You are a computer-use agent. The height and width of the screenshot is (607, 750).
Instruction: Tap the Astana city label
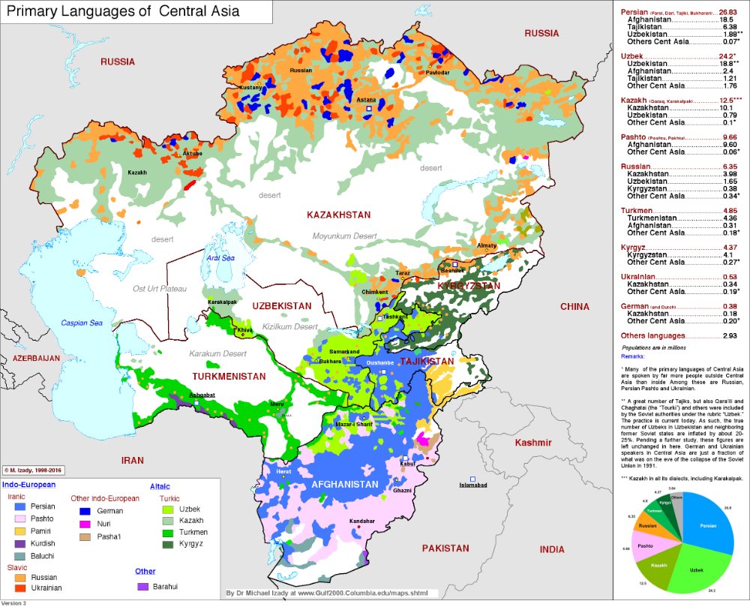(x=367, y=99)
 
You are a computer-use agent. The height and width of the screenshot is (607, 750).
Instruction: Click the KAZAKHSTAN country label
(x=338, y=215)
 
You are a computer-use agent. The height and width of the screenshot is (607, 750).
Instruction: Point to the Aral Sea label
(x=220, y=258)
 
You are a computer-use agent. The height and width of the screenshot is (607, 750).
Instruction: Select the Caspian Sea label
(x=82, y=323)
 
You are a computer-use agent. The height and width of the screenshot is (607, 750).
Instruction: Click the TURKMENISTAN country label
(x=229, y=376)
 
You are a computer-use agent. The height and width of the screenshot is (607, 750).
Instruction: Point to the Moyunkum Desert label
(x=344, y=236)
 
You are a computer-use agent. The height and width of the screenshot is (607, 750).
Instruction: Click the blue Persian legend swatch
(x=20, y=506)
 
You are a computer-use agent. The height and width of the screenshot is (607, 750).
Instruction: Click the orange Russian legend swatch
(x=20, y=578)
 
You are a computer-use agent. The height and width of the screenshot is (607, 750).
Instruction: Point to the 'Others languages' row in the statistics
(x=652, y=335)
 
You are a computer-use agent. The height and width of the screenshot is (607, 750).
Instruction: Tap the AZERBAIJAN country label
(x=30, y=359)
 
